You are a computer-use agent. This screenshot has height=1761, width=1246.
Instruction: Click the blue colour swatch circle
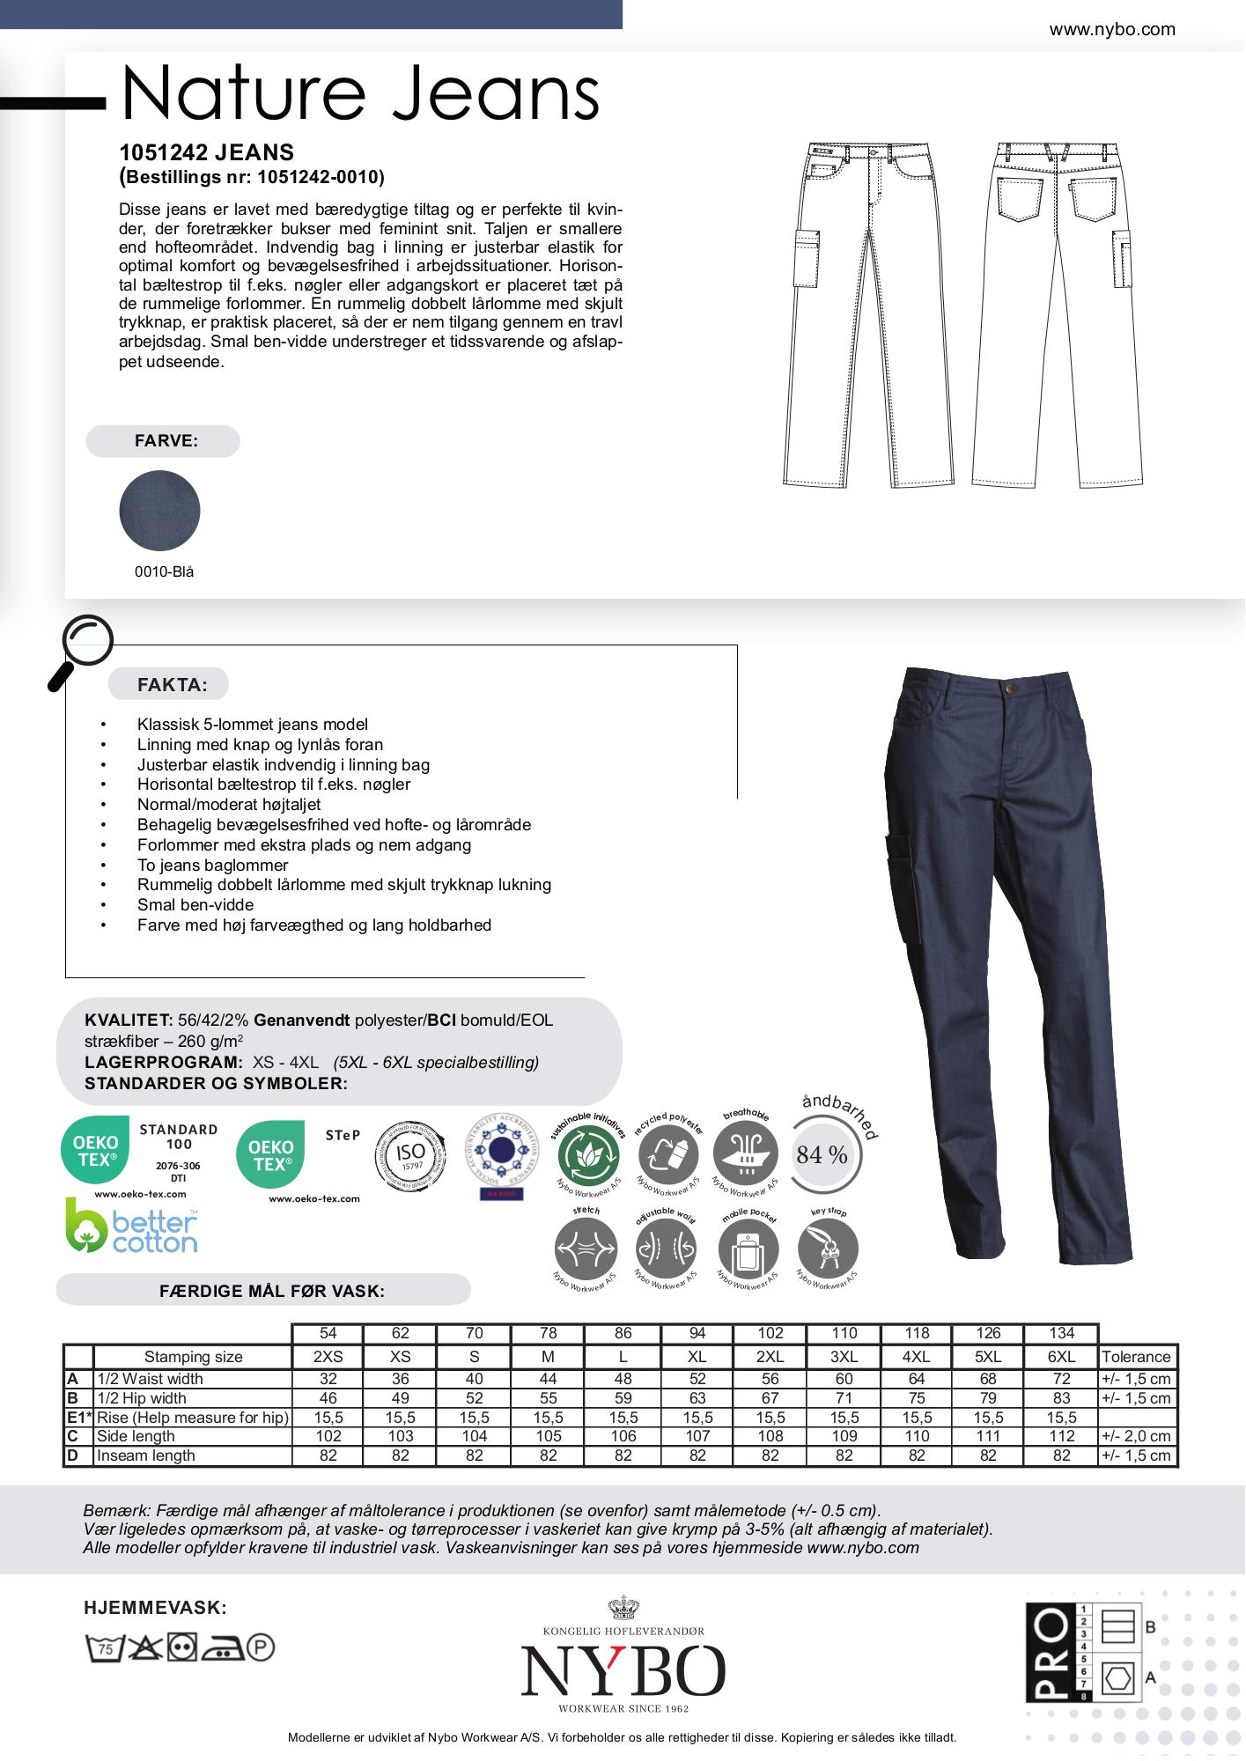pos(159,511)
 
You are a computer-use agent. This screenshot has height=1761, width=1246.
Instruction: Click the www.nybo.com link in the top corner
pos(1111,29)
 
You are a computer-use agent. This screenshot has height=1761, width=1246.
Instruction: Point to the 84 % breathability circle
pos(822,1154)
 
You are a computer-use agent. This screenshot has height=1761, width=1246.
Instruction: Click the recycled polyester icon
pos(667,1153)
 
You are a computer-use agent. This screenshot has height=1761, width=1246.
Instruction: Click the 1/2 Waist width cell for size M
pos(548,1379)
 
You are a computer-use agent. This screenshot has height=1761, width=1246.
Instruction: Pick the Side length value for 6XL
pos(1061,1436)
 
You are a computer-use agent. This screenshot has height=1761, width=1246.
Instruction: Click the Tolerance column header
pos(1136,1357)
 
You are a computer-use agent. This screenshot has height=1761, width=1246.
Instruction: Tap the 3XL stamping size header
pos(844,1357)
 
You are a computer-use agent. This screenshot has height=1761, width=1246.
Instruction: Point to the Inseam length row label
pos(146,1455)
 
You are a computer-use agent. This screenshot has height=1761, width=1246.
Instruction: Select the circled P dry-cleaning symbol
pos(261,1647)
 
